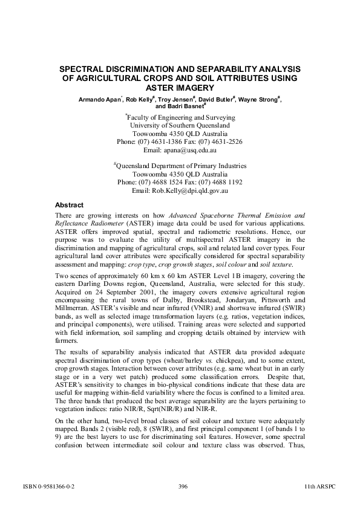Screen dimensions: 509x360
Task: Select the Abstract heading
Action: [68, 204]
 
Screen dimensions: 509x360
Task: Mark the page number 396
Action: [185, 485]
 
